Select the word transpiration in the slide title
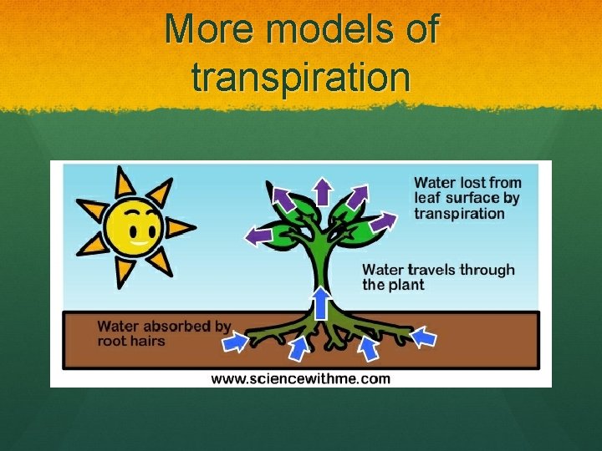tap(301, 77)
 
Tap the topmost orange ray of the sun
tap(125, 181)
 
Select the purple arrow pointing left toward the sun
tap(258, 236)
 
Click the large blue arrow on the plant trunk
tap(321, 302)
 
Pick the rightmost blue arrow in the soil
tap(425, 337)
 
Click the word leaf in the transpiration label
tap(428, 198)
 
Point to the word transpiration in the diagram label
tap(460, 213)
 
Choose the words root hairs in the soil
tap(131, 341)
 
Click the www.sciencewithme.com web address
tap(300, 378)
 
